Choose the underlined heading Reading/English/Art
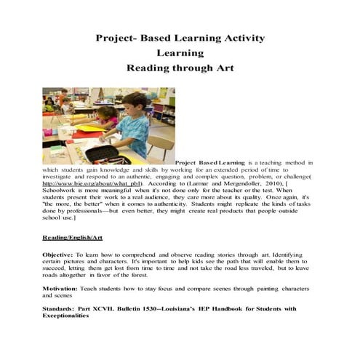(x=71, y=238)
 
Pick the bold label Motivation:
(x=64, y=289)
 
